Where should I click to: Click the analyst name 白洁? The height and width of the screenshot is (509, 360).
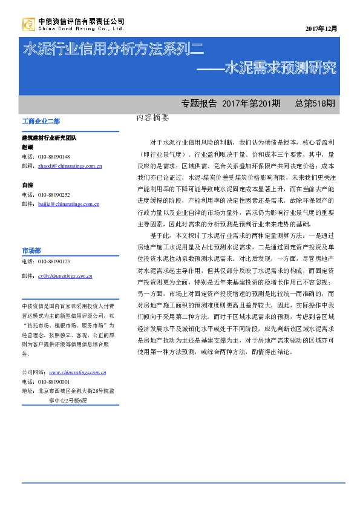pyautogui.click(x=27, y=185)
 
